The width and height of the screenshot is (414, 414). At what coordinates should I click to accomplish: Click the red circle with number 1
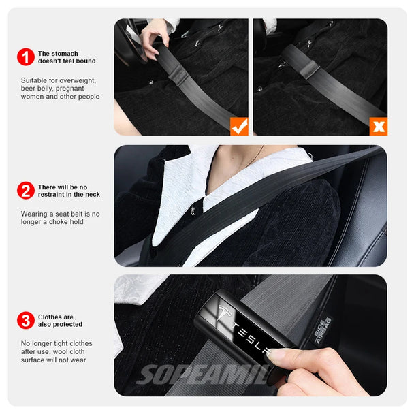26,57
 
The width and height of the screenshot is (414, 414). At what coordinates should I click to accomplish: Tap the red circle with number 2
26,191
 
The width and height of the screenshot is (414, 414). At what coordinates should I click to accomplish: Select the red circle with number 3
26,321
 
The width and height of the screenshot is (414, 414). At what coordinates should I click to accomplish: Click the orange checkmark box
238,125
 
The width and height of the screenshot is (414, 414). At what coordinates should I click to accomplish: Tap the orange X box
378,126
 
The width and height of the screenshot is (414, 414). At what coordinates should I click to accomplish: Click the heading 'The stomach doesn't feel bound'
67,57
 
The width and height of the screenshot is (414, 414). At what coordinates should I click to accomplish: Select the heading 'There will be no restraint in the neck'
69,191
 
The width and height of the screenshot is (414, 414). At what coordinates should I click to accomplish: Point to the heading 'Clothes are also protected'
60,321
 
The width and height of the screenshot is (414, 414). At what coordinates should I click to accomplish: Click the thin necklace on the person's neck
258,155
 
